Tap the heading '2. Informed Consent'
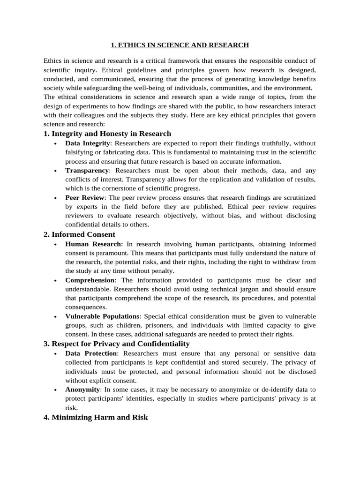point(79,234)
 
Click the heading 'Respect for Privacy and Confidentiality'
point(117,344)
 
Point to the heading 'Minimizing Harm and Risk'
point(96,417)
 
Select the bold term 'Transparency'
point(87,171)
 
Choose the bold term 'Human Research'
point(93,244)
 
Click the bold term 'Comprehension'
point(90,280)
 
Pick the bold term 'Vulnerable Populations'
point(102,316)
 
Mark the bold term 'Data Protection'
point(91,353)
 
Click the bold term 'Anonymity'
point(82,390)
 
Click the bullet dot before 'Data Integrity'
point(56,144)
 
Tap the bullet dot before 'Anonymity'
point(56,390)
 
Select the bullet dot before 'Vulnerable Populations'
point(56,317)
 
